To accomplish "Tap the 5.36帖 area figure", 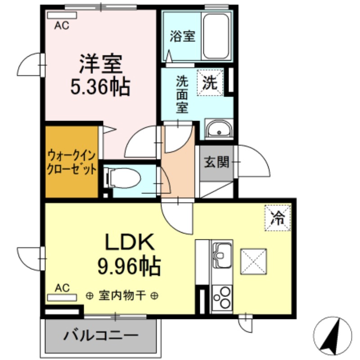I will pyautogui.click(x=101, y=87).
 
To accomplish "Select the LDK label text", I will pyautogui.click(x=130, y=243).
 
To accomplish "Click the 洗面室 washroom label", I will pyautogui.click(x=182, y=95).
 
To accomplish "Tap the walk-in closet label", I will pyautogui.click(x=72, y=163).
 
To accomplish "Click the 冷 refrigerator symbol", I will pyautogui.click(x=277, y=218).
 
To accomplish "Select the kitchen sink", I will pyautogui.click(x=221, y=255).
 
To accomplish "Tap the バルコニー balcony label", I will pyautogui.click(x=100, y=336).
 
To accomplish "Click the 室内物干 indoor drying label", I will pyautogui.click(x=122, y=296).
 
